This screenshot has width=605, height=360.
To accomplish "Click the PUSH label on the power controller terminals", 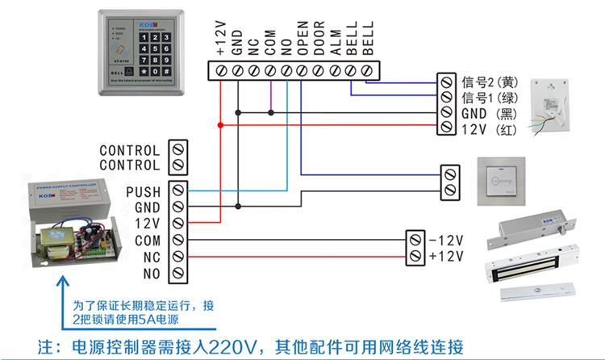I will [144, 191].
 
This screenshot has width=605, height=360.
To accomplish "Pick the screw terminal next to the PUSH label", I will [178, 191].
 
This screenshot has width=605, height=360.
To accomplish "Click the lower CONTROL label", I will [130, 165].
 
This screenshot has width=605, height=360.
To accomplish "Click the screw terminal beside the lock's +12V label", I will [415, 256].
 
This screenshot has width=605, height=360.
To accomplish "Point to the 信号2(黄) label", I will [488, 82].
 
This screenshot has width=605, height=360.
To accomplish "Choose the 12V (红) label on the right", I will [488, 129].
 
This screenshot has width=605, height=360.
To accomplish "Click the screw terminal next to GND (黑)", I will [445, 113].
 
